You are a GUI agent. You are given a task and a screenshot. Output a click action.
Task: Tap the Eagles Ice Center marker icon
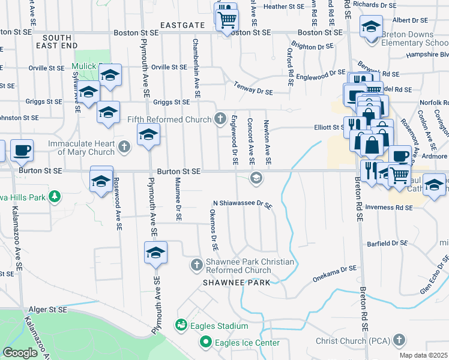point(205,343)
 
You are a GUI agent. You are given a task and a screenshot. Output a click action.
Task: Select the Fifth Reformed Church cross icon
point(220,119)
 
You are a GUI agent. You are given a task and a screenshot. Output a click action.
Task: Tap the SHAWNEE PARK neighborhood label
point(236,282)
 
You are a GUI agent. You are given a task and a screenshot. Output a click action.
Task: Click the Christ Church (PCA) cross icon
point(399,341)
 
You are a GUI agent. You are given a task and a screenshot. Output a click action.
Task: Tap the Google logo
point(20,353)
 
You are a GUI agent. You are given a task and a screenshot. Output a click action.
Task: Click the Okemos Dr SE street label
point(213,230)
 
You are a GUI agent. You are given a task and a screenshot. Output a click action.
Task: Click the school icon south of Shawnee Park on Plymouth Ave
point(155,253)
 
